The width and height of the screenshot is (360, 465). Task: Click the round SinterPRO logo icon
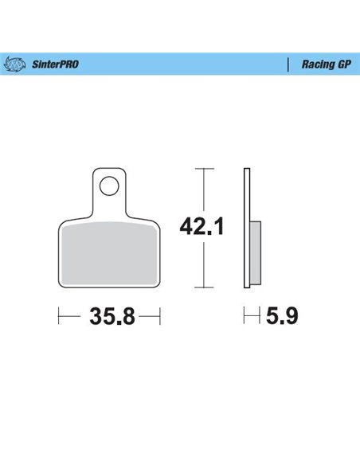coord(17,63)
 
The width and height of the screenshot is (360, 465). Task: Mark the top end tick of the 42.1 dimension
coord(205,169)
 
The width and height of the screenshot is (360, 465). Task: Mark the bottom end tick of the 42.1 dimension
coord(205,287)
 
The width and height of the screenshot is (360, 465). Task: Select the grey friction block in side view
coord(255,251)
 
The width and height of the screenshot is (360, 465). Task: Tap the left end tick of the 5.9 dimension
coord(245,317)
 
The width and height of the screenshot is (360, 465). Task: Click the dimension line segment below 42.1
coord(205,266)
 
